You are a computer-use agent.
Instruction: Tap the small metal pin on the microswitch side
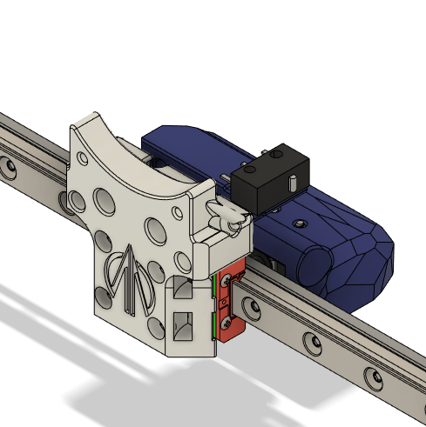click(x=294, y=183)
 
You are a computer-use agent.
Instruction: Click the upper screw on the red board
click(x=228, y=280)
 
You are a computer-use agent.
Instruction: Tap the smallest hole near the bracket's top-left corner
click(x=80, y=158)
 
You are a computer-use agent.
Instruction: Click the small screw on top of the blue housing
click(x=301, y=224)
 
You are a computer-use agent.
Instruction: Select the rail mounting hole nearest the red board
click(x=254, y=307)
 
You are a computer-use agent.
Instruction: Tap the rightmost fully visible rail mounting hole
click(x=374, y=376)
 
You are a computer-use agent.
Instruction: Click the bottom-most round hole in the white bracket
click(x=157, y=325)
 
